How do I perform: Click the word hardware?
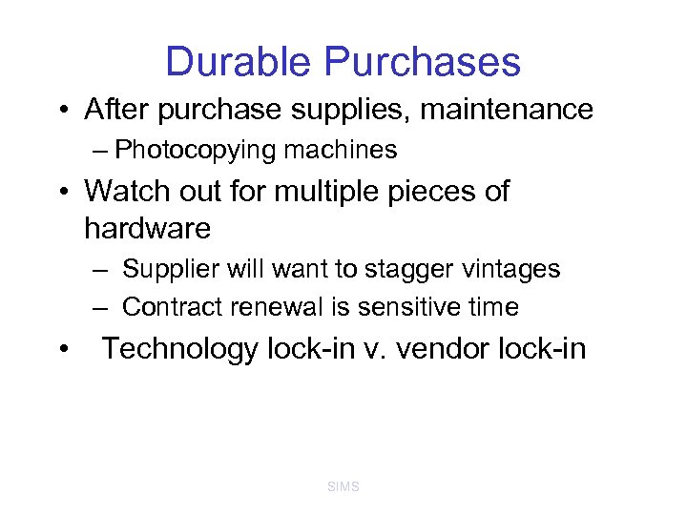point(147,228)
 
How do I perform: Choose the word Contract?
point(170,307)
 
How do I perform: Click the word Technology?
point(179,349)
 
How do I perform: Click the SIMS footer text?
point(343,487)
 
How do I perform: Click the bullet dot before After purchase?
point(60,111)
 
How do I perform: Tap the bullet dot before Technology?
point(60,350)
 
